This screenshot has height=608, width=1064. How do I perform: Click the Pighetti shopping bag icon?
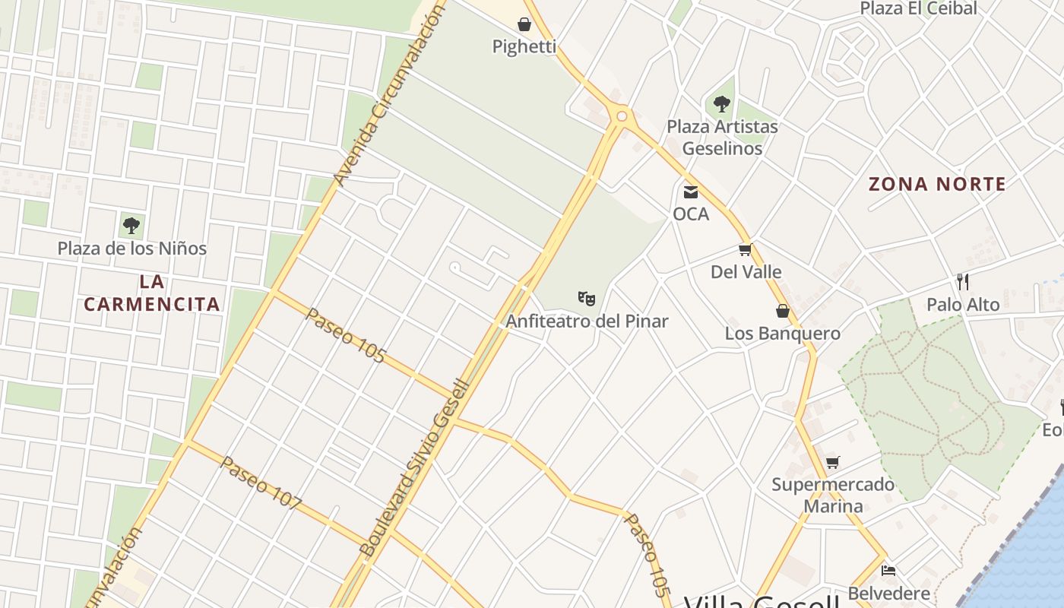[x=524, y=24]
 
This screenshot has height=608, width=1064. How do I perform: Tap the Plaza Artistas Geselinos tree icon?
[x=722, y=104]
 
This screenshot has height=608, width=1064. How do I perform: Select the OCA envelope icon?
[x=690, y=192]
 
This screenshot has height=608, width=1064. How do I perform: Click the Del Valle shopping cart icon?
[x=746, y=250]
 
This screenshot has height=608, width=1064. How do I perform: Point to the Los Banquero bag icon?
[x=783, y=311]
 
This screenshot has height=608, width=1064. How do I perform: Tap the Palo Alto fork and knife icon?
[x=963, y=282]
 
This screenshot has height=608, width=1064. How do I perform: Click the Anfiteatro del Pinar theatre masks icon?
[x=586, y=298]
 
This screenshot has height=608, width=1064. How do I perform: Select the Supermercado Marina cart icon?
[x=833, y=462]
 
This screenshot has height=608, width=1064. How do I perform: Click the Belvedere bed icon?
[x=888, y=570]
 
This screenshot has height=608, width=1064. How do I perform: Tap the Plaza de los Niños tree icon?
[x=131, y=226]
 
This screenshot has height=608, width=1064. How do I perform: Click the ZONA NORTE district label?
[x=937, y=184]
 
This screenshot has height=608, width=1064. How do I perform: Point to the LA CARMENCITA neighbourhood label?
[x=152, y=293]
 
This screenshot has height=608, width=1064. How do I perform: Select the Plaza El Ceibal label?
[x=918, y=8]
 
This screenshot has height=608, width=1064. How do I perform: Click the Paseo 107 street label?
[x=261, y=483]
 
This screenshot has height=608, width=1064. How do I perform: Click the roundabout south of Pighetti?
[x=622, y=116]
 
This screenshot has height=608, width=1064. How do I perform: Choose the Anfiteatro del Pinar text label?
[x=587, y=321]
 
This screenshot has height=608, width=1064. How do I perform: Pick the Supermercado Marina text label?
[x=833, y=495]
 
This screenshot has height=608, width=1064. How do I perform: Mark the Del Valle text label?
[x=746, y=272]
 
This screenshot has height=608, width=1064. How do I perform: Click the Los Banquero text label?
[x=782, y=333]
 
